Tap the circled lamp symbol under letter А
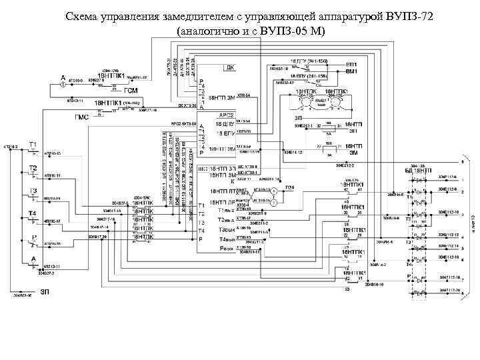pos(63,85)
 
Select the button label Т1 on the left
pos(32,145)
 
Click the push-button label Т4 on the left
pos(31,213)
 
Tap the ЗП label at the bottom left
pos(45,292)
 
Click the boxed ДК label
pos(230,68)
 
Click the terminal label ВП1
pos(351,62)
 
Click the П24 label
pos(289,189)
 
